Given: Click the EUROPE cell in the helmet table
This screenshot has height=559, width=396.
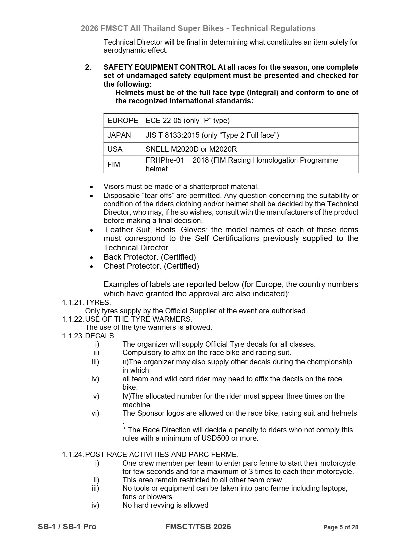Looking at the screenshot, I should click(x=123, y=120).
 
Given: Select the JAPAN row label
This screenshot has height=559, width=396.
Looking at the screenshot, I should click(x=119, y=135).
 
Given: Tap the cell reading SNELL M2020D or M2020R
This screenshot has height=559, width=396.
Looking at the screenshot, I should click(x=191, y=149).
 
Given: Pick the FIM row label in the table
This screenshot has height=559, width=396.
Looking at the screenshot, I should click(x=114, y=164).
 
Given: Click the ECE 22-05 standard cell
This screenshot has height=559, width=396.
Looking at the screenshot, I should click(x=187, y=120).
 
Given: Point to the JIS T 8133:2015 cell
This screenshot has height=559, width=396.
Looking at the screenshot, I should click(x=212, y=135).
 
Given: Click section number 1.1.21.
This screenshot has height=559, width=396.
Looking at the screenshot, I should click(x=73, y=303).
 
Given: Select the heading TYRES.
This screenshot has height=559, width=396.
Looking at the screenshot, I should click(x=98, y=303).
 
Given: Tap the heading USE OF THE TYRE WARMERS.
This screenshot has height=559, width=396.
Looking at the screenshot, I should click(x=138, y=319).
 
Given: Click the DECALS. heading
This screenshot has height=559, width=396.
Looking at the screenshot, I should click(x=100, y=336).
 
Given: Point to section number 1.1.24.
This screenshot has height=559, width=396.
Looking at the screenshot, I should click(x=73, y=455).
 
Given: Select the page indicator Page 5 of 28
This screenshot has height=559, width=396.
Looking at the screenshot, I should click(x=341, y=527).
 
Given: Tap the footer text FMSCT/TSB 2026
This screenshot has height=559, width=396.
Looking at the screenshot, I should click(x=198, y=527).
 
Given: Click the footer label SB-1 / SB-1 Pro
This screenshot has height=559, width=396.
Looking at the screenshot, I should click(x=67, y=527).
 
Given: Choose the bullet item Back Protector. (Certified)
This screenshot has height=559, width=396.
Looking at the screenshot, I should click(x=150, y=257).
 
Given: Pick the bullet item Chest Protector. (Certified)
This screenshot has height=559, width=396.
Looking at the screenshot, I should click(x=151, y=266).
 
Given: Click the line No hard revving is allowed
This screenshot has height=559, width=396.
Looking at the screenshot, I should click(x=165, y=505).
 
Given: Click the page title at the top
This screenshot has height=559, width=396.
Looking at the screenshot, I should click(x=198, y=28).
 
